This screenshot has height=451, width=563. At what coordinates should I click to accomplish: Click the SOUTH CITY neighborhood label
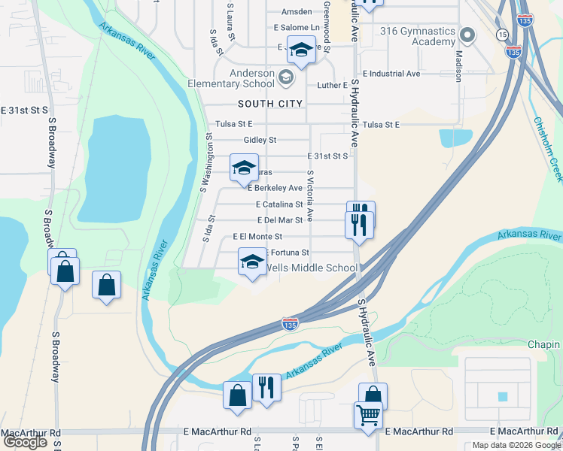click(x=270, y=104)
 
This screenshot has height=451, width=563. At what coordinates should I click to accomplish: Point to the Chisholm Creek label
click(x=547, y=147)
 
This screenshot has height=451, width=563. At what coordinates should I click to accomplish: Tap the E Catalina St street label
click(x=278, y=204)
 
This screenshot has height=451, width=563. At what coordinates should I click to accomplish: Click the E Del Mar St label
click(x=279, y=220)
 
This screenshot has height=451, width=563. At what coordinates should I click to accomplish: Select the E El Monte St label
click(x=257, y=237)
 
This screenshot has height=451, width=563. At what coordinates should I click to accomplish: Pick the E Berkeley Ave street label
click(x=279, y=188)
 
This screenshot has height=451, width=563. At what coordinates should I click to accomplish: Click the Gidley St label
click(x=260, y=140)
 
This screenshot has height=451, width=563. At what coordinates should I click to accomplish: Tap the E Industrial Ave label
click(x=391, y=74)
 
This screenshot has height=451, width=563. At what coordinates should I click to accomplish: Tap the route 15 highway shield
click(x=502, y=35)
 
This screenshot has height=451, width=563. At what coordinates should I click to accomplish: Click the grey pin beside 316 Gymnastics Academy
click(x=467, y=35)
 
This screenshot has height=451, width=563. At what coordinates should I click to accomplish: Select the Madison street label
click(x=458, y=66)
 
